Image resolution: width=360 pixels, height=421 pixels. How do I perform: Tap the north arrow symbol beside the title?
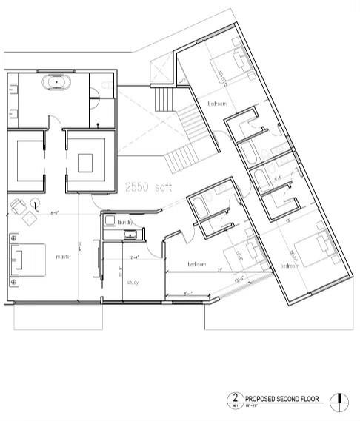(339, 399)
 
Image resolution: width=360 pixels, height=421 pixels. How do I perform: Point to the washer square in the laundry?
(109, 221)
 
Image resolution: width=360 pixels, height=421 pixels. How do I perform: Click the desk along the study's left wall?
(96, 259)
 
